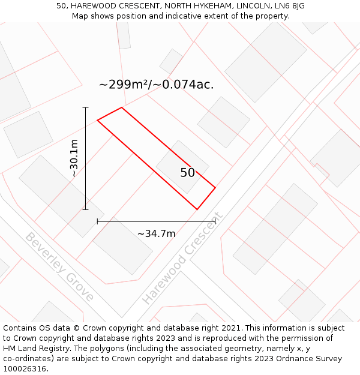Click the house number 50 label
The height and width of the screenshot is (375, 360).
coord(187,173)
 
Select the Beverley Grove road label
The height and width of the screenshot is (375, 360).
coord(59,266)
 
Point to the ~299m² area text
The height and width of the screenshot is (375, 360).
coord(124,85)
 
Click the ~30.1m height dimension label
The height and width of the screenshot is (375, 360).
coord(74,158)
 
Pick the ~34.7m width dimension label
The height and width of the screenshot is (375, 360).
coord(156,233)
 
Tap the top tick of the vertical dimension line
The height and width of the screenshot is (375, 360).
coord(85,107)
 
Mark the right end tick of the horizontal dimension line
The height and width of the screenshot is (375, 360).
coord(215,221)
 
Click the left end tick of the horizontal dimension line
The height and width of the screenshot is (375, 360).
coord(97,221)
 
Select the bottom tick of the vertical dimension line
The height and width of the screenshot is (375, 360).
coord(85,209)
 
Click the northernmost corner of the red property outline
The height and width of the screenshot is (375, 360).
coord(122,107)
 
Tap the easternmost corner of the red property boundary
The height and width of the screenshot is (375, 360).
coord(215,188)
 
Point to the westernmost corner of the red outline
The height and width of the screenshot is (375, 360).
coord(97,121)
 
